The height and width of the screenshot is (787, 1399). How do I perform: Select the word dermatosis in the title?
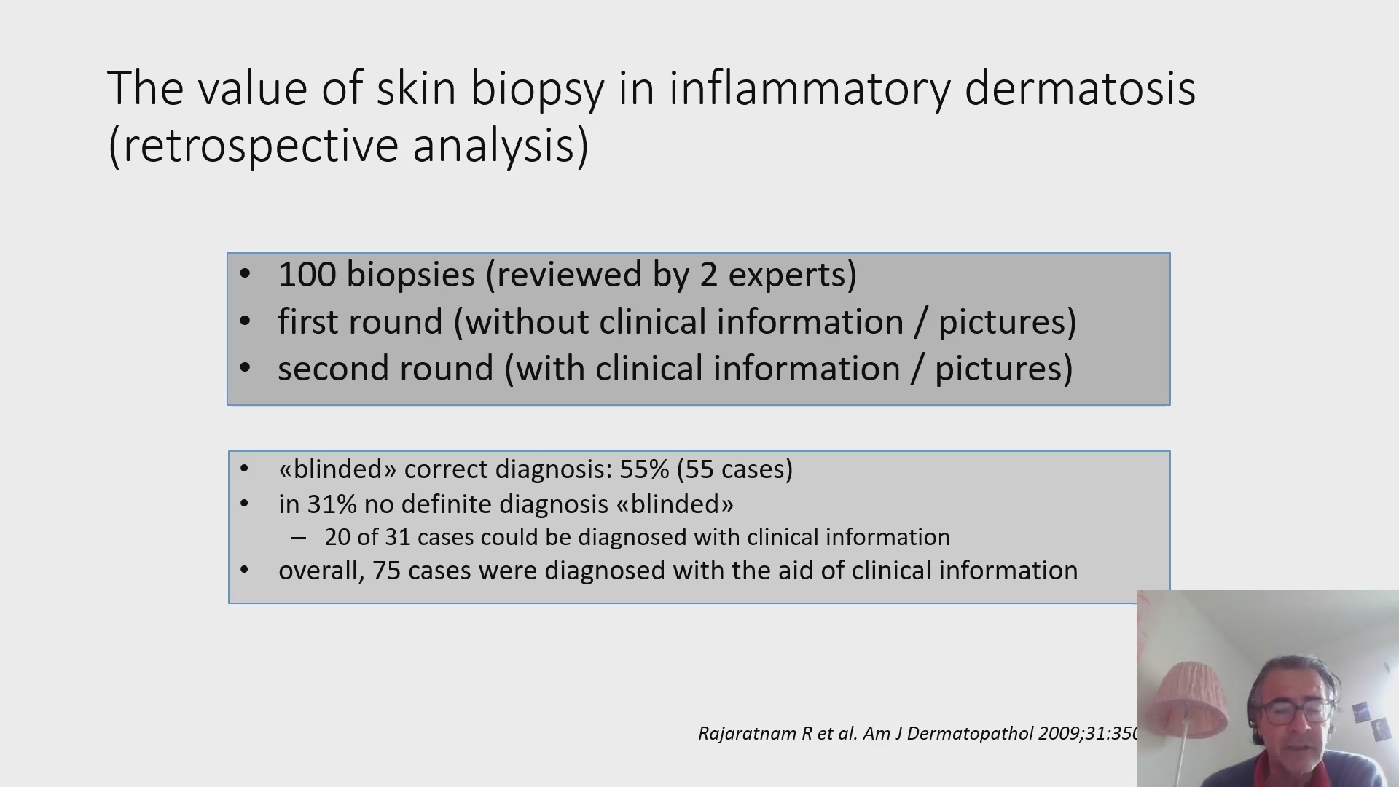point(1080,88)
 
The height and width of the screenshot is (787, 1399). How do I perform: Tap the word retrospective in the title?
point(260,145)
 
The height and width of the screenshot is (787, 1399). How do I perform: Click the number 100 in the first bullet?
point(306,275)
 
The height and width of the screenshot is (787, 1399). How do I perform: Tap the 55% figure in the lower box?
point(644,469)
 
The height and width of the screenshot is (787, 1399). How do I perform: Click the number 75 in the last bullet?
point(386,571)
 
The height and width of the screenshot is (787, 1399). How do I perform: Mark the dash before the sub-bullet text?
point(298,538)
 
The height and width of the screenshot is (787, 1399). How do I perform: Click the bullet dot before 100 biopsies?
point(245,275)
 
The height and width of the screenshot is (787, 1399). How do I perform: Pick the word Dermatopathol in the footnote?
point(970,734)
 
